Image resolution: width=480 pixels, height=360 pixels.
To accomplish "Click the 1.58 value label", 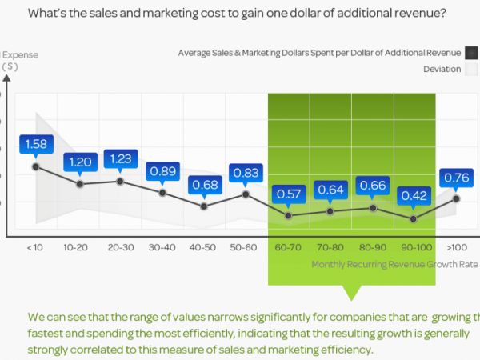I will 35,145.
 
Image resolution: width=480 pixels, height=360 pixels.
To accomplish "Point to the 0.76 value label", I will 456,178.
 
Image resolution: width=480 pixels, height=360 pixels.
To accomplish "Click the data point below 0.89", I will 162,193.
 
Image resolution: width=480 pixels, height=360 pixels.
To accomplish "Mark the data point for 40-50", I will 204,206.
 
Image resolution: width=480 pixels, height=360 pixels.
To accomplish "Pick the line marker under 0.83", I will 246,194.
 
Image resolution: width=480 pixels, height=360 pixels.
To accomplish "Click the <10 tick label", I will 35,248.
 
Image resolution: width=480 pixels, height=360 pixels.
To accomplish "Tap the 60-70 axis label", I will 288,248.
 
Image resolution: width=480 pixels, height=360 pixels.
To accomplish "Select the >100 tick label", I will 457,248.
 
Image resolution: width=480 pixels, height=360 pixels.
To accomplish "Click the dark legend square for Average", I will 472,53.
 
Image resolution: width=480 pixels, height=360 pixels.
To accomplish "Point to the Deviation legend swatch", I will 472,70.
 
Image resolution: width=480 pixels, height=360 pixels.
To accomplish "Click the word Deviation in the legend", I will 442,70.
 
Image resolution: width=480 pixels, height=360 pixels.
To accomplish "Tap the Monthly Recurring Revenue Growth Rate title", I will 394,264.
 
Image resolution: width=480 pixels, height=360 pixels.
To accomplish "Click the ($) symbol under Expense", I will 10,66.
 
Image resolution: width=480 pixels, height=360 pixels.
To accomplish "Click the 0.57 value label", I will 287,193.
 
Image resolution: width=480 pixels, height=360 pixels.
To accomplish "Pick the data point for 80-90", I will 372,208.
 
